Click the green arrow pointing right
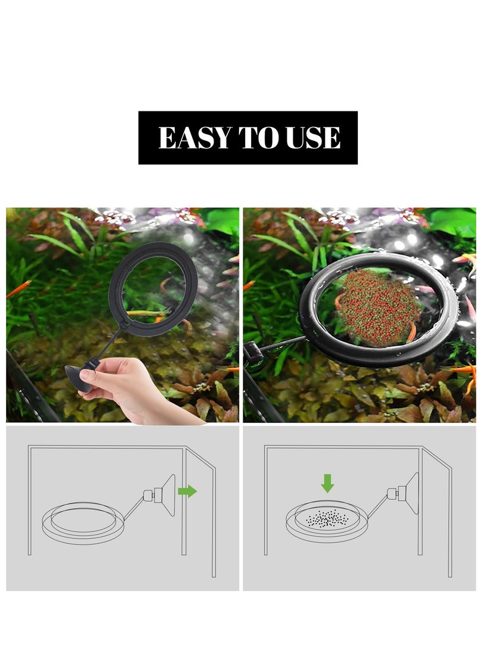click(x=188, y=491)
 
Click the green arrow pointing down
click(x=327, y=483)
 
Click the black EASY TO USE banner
click(x=248, y=119)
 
